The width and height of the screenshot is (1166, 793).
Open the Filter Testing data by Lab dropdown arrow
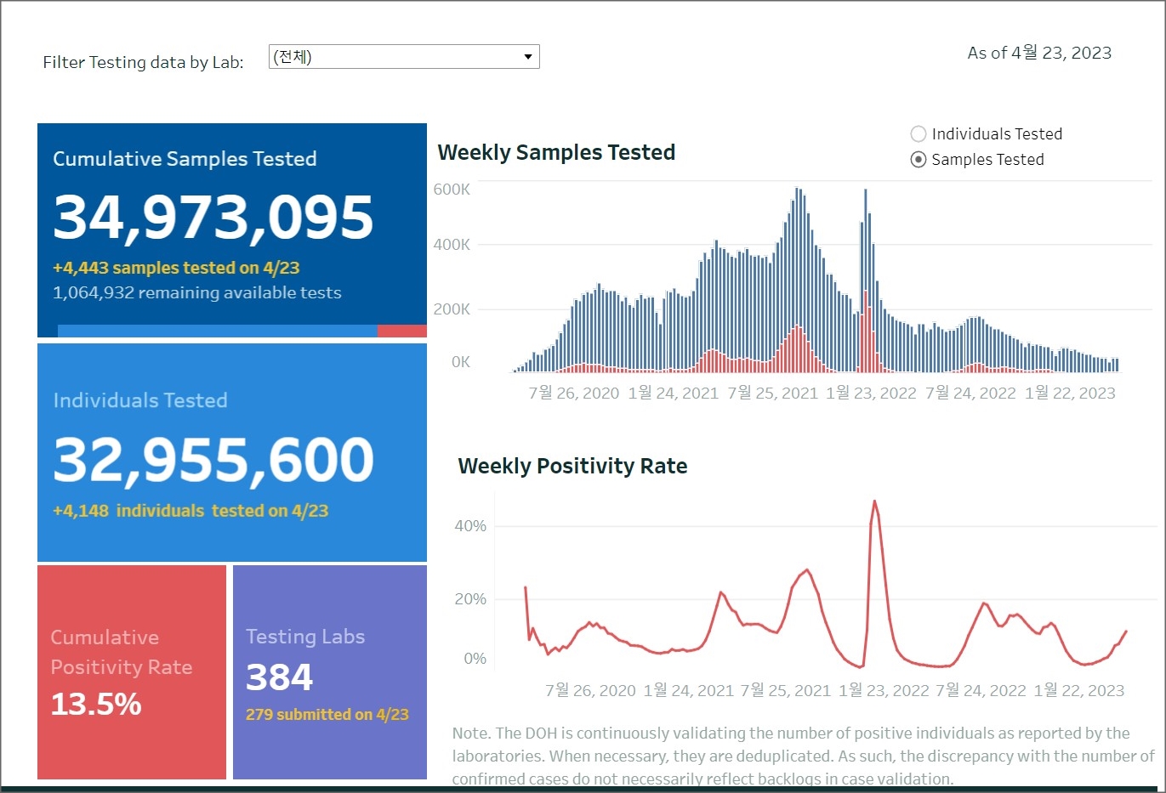[528, 57]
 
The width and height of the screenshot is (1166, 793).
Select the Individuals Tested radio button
[919, 134]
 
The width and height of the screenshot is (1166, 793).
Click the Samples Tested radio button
[919, 160]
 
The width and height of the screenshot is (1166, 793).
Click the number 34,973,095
[213, 217]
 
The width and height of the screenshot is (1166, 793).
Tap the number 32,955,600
[213, 460]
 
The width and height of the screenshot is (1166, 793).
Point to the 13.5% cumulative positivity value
[96, 704]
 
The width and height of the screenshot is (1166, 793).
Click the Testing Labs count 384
[279, 677]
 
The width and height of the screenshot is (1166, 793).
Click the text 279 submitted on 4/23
[327, 715]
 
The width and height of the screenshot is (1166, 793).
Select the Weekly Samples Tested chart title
[556, 153]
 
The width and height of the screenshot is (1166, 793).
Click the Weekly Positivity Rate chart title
[572, 467]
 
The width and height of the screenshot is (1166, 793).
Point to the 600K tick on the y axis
[452, 190]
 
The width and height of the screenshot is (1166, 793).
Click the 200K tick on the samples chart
[452, 309]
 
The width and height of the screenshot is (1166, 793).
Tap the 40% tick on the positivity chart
[470, 526]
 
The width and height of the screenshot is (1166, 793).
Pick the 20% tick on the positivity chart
[470, 599]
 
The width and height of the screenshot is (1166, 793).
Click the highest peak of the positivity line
[874, 501]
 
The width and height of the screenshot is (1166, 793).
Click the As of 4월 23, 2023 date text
[1039, 54]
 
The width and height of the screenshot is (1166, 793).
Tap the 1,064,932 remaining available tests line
[196, 293]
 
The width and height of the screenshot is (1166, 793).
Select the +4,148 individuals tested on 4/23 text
[191, 511]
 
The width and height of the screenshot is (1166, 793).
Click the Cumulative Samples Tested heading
[185, 159]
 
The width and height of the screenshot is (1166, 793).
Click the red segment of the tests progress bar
[401, 331]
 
